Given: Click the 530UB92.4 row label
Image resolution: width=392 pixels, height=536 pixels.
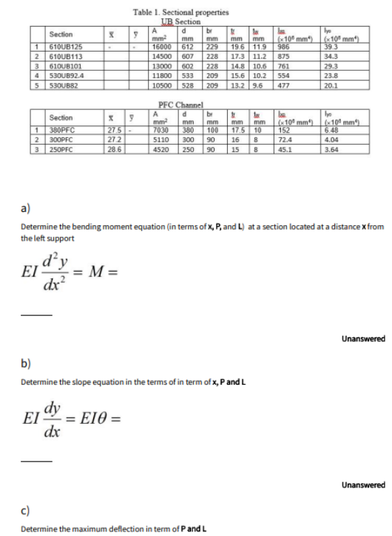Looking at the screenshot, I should pos(64,75).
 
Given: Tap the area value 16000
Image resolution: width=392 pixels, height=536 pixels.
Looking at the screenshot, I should pos(160,47).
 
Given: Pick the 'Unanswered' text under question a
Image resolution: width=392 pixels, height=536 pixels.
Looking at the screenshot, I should pos(363,339).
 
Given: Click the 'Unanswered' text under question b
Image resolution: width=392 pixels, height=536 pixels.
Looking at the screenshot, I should pos(363,485).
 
